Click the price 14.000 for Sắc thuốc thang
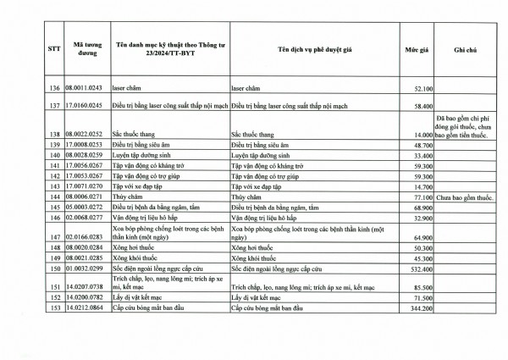[x=423, y=135]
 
